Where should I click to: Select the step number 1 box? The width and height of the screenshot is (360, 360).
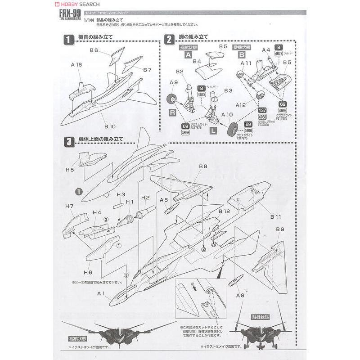(x=68, y=40)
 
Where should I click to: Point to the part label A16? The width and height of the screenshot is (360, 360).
(x=76, y=65)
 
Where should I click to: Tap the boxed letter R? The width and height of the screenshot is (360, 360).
(x=172, y=112)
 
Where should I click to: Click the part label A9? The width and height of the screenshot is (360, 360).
(x=174, y=82)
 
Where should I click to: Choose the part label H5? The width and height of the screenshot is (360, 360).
(x=70, y=170)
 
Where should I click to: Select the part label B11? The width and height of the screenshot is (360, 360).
(x=276, y=217)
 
